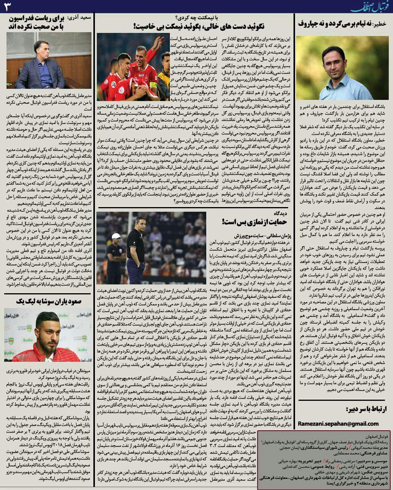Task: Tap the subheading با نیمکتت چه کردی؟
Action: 196,17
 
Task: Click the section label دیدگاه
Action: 282,212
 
